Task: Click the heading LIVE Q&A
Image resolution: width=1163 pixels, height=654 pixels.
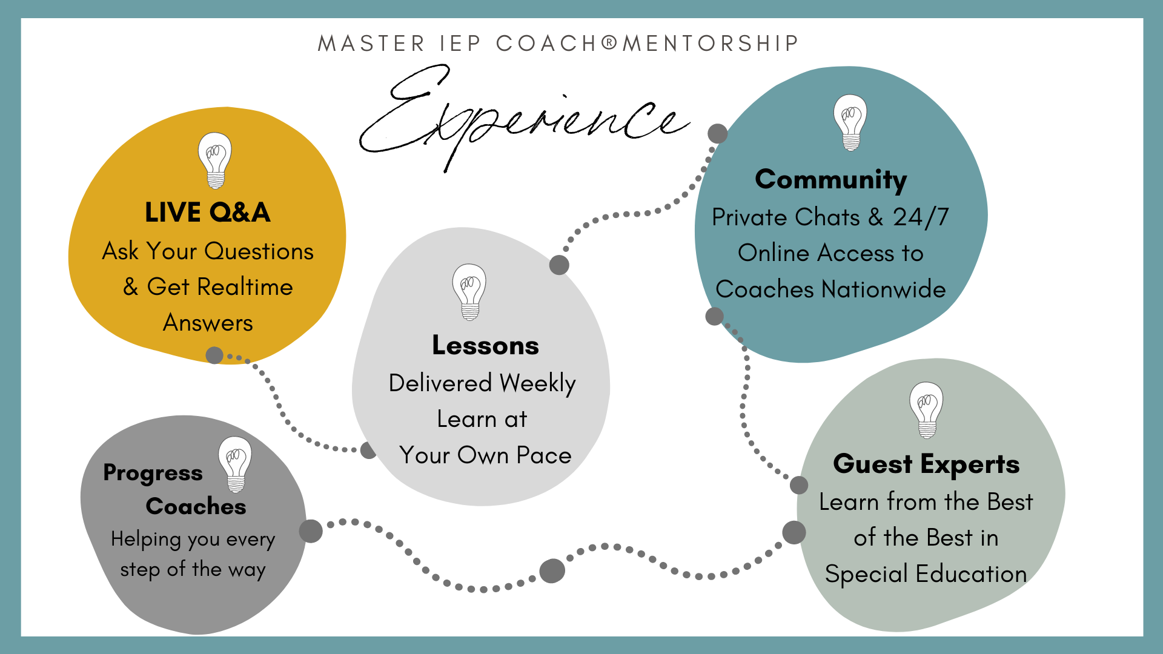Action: (x=208, y=213)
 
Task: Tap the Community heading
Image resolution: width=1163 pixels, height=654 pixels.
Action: (x=831, y=180)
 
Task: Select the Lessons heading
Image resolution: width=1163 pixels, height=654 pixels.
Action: (x=485, y=345)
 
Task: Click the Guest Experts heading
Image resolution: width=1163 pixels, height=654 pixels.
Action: (x=926, y=464)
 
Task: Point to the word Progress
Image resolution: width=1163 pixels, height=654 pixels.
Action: (x=153, y=473)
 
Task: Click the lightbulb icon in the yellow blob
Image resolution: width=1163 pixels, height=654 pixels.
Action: (x=215, y=160)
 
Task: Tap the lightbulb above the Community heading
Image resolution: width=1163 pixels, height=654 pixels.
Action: (x=850, y=122)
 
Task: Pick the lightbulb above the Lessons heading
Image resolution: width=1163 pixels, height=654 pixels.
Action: (x=469, y=292)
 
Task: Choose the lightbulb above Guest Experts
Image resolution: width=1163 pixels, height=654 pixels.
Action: (x=927, y=410)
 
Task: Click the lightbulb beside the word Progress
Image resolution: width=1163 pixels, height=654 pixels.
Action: (x=235, y=464)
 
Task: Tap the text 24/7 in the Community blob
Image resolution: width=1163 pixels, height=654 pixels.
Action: (x=921, y=217)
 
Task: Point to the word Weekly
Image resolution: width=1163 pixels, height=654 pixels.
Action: (x=538, y=384)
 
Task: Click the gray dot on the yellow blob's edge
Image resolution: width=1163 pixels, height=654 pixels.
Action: (x=214, y=355)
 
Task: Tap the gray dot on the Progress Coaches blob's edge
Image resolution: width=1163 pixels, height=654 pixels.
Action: (x=311, y=531)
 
